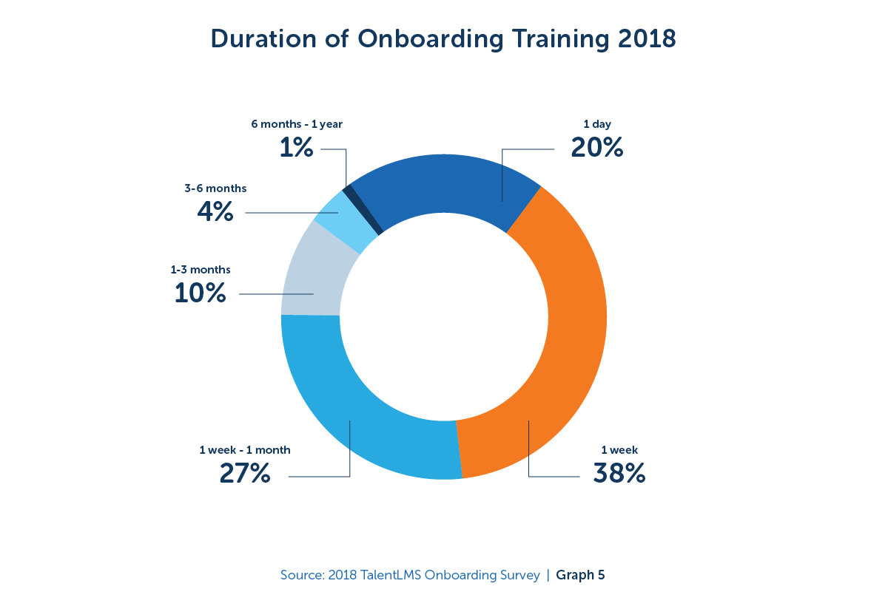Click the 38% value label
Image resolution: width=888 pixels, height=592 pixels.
pos(619,473)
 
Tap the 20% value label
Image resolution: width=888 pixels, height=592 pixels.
pos(597,148)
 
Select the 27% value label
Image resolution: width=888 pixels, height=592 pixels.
pos(245,473)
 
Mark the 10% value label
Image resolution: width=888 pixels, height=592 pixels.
pos(200,293)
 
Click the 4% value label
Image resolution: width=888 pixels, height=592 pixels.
pos(215,212)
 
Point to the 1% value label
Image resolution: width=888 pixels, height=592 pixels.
pos(296,148)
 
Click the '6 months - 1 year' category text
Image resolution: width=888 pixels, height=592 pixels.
pos(297,123)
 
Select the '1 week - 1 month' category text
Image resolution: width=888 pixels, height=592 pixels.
pos(245,449)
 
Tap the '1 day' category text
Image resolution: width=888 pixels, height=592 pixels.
pos(597,124)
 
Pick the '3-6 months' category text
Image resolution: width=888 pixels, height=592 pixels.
pos(215,188)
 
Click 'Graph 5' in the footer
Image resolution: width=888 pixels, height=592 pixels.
pos(580,575)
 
